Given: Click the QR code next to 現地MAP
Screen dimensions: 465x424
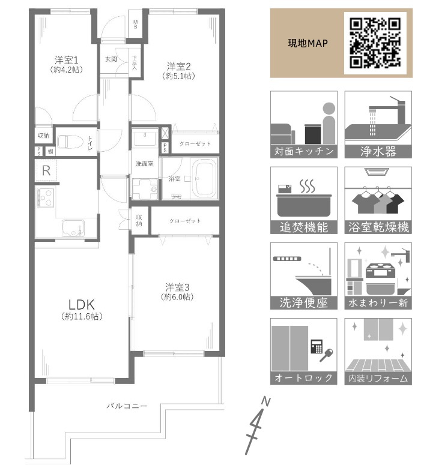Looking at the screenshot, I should point(375,42).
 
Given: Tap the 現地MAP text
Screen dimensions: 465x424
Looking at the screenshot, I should point(307,44).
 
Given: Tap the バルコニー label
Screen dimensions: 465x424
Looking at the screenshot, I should point(127,407).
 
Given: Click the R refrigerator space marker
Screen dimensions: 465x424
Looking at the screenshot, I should point(46,170).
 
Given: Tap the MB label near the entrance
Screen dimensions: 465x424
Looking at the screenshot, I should point(135,26).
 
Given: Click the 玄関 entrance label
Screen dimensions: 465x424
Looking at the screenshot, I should point(111,59).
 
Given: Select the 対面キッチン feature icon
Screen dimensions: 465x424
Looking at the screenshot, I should point(303,125).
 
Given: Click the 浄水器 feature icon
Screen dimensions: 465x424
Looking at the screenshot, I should point(378,125).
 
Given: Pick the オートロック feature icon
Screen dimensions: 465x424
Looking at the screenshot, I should point(303,352).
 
